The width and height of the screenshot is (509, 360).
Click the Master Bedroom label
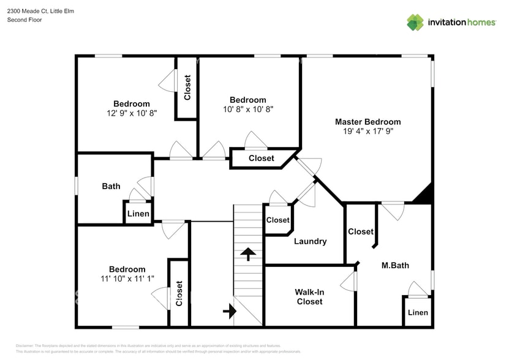point(368,121)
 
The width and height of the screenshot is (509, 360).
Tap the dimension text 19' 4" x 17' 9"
point(368,131)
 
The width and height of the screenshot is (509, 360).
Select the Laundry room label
point(310,241)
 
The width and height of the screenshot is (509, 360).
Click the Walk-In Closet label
point(309,296)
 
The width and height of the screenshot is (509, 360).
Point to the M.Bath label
point(395,265)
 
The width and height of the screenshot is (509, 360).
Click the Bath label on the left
point(111,186)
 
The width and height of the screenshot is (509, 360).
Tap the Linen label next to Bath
point(138,214)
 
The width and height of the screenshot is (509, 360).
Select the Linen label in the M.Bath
point(418,312)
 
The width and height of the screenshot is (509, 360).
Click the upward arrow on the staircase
point(248,253)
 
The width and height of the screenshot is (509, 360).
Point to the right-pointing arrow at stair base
point(230,312)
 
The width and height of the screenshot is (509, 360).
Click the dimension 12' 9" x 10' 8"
point(131,113)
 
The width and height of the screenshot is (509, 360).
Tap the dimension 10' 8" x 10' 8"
point(247,110)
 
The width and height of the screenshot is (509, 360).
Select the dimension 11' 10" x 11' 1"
point(127,279)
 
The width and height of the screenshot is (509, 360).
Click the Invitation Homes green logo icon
point(415,23)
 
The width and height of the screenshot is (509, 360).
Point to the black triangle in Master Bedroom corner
point(424,195)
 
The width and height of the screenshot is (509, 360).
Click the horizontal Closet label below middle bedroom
point(261,158)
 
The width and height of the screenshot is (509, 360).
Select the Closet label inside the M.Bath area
point(360,231)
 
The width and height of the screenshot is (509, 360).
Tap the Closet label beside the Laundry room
point(277,220)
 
